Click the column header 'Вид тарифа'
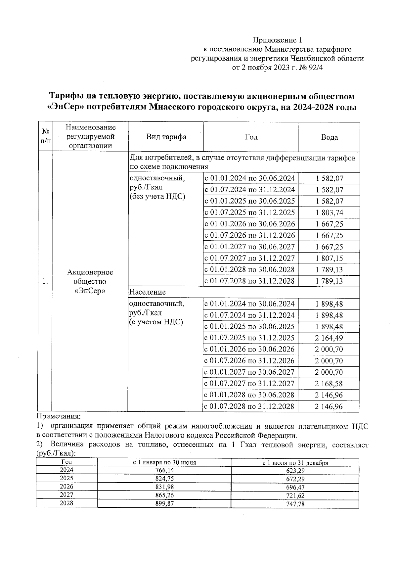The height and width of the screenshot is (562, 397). (166, 137)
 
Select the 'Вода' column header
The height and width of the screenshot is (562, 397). (329, 137)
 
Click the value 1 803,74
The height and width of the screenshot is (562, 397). (329, 212)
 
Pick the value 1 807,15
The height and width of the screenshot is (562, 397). (329, 258)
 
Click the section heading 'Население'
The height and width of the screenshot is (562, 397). (147, 292)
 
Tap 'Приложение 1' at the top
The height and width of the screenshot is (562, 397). (277, 40)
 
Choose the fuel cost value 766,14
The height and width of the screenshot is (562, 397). (164, 470)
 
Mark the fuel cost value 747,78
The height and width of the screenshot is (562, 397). (295, 504)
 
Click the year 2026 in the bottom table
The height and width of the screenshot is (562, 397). (66, 487)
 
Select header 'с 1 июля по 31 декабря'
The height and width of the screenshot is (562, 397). (295, 463)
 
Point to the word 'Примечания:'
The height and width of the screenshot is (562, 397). (58, 416)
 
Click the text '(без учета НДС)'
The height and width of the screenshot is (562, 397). (157, 197)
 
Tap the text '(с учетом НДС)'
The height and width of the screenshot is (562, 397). (156, 322)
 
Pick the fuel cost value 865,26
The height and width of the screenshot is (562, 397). (164, 495)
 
